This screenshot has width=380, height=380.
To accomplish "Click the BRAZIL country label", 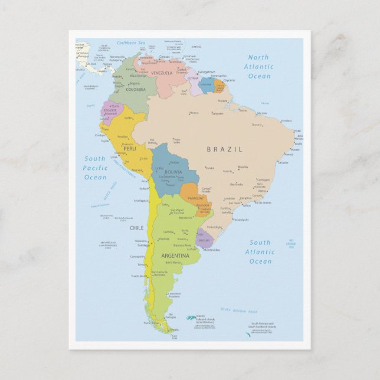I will pyautogui.click(x=224, y=149).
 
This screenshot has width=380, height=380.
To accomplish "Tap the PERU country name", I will pyautogui.click(x=129, y=149).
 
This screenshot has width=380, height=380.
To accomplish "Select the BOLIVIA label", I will pyautogui.click(x=173, y=172).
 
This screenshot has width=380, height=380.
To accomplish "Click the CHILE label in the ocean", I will pyautogui.click(x=136, y=227).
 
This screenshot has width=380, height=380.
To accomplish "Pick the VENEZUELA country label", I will pyautogui.click(x=161, y=73).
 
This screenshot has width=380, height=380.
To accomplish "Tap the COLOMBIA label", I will pyautogui.click(x=136, y=90).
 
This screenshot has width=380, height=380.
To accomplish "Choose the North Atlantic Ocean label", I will pyautogui.click(x=259, y=67).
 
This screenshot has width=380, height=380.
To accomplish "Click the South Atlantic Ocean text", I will pyautogui.click(x=260, y=252).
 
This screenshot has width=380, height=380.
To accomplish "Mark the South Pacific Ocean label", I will pyautogui.click(x=95, y=168).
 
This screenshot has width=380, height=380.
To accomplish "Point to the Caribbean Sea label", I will pyautogui.click(x=130, y=43).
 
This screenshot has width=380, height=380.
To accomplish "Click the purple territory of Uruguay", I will pyautogui.click(x=204, y=237).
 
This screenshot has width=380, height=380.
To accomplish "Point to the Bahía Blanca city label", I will pyautogui.click(x=173, y=262).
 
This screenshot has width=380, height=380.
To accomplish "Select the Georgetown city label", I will pyautogui.click(x=206, y=72).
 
